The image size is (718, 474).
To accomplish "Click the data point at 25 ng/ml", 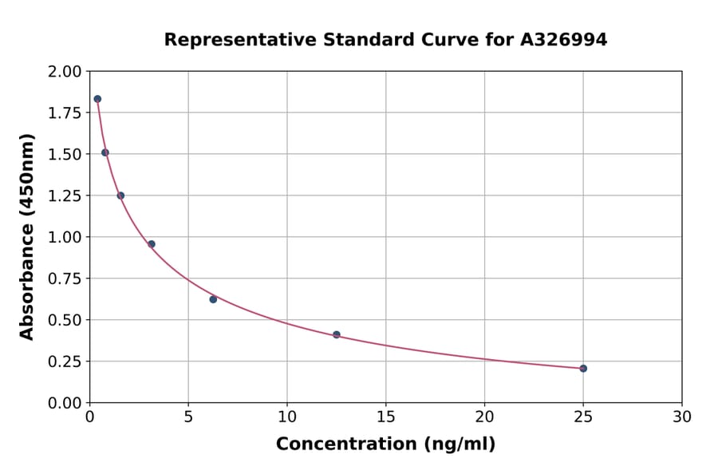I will [583, 369].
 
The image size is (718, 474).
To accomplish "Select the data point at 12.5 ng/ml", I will [337, 335].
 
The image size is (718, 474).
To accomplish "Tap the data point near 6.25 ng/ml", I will [213, 299].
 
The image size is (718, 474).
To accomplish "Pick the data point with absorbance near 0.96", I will [152, 244].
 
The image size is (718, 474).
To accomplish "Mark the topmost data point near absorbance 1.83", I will [97, 99].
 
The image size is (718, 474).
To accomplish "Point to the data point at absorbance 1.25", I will [120, 196].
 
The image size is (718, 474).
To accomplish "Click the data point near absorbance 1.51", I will [105, 152].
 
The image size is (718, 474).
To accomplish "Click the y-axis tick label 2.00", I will [65, 72].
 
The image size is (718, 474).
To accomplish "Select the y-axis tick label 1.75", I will [65, 113].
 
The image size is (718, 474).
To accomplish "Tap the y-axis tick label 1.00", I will [65, 237].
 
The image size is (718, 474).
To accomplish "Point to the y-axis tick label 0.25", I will [65, 361].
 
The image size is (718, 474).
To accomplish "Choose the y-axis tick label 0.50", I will [65, 320].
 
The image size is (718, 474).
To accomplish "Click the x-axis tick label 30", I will [682, 417].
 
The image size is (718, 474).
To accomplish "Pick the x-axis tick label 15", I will [385, 417].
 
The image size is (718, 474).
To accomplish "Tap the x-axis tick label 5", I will [188, 417].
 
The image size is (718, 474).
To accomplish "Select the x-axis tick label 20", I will [484, 417].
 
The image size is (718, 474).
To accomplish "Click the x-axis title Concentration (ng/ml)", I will [385, 444].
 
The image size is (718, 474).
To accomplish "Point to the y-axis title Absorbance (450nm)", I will [27, 237].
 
